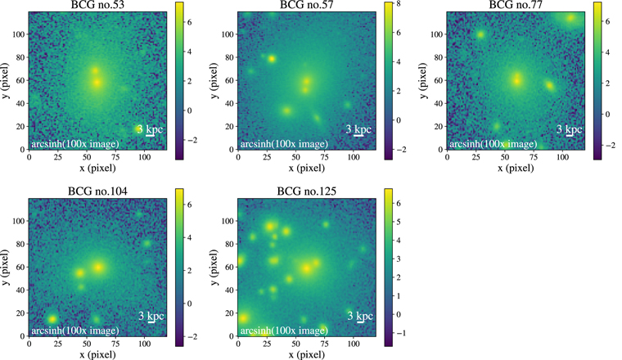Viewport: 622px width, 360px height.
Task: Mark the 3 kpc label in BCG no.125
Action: click(x=356, y=315)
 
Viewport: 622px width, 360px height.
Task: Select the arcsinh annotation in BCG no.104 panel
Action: click(x=74, y=331)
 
